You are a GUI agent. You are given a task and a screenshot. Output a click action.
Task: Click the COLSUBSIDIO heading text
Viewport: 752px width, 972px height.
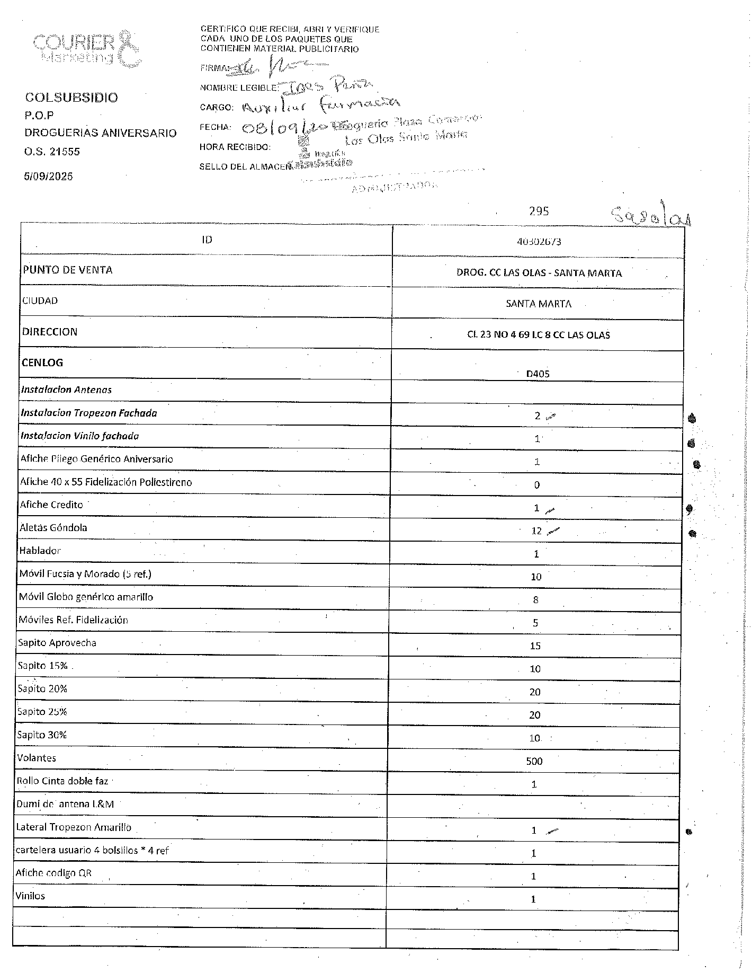(71, 98)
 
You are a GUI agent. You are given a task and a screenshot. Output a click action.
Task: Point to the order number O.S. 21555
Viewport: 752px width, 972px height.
(52, 152)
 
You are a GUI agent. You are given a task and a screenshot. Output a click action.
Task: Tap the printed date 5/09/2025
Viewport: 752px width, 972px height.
(48, 176)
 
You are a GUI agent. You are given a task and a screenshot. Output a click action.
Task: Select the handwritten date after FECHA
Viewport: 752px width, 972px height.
(286, 128)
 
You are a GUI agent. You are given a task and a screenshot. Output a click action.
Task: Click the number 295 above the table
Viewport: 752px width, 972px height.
(539, 211)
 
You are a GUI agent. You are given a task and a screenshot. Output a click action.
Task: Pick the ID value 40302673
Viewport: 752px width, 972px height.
(539, 242)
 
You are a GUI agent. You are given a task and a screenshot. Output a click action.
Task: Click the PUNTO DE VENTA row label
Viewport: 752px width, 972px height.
(67, 270)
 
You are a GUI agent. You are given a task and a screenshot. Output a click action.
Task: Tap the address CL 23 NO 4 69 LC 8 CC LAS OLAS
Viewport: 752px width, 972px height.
(539, 335)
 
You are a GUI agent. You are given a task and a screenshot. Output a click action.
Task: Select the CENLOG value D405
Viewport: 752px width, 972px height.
(538, 374)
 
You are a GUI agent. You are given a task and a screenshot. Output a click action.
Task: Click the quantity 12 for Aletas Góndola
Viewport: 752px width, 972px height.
(536, 531)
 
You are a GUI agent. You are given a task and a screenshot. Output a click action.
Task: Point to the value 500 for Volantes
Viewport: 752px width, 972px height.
(534, 761)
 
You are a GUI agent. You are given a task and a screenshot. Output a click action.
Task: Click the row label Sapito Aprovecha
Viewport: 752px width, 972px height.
(57, 643)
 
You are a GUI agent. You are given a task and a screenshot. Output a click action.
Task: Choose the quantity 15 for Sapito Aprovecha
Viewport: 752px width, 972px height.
(535, 646)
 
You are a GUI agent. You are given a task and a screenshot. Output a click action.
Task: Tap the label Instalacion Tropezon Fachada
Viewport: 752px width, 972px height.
(89, 413)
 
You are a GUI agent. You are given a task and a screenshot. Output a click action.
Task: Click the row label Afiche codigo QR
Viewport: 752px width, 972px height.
(53, 873)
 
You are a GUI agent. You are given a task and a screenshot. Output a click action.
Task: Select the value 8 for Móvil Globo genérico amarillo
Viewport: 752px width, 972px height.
(536, 600)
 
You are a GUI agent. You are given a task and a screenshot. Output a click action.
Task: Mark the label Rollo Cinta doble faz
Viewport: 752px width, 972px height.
(62, 781)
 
